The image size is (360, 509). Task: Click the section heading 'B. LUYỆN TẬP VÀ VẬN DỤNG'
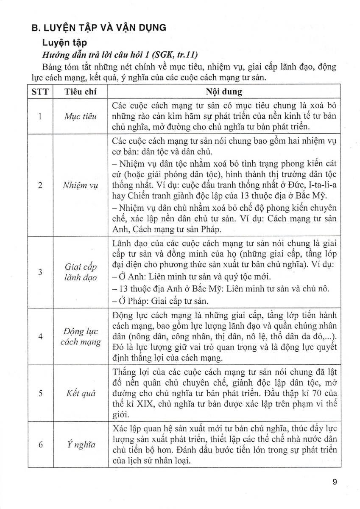point(99,28)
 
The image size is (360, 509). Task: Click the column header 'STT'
point(39,92)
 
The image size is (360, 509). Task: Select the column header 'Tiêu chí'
point(81,92)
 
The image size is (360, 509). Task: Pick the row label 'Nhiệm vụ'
point(81,185)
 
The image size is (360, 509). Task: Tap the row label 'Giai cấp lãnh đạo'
point(81,272)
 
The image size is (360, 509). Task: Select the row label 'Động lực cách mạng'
point(81,336)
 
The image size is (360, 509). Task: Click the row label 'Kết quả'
point(81,393)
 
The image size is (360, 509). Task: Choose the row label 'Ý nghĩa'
point(81,444)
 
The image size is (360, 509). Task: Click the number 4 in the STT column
point(39,336)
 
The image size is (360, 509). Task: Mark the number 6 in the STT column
point(39,444)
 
